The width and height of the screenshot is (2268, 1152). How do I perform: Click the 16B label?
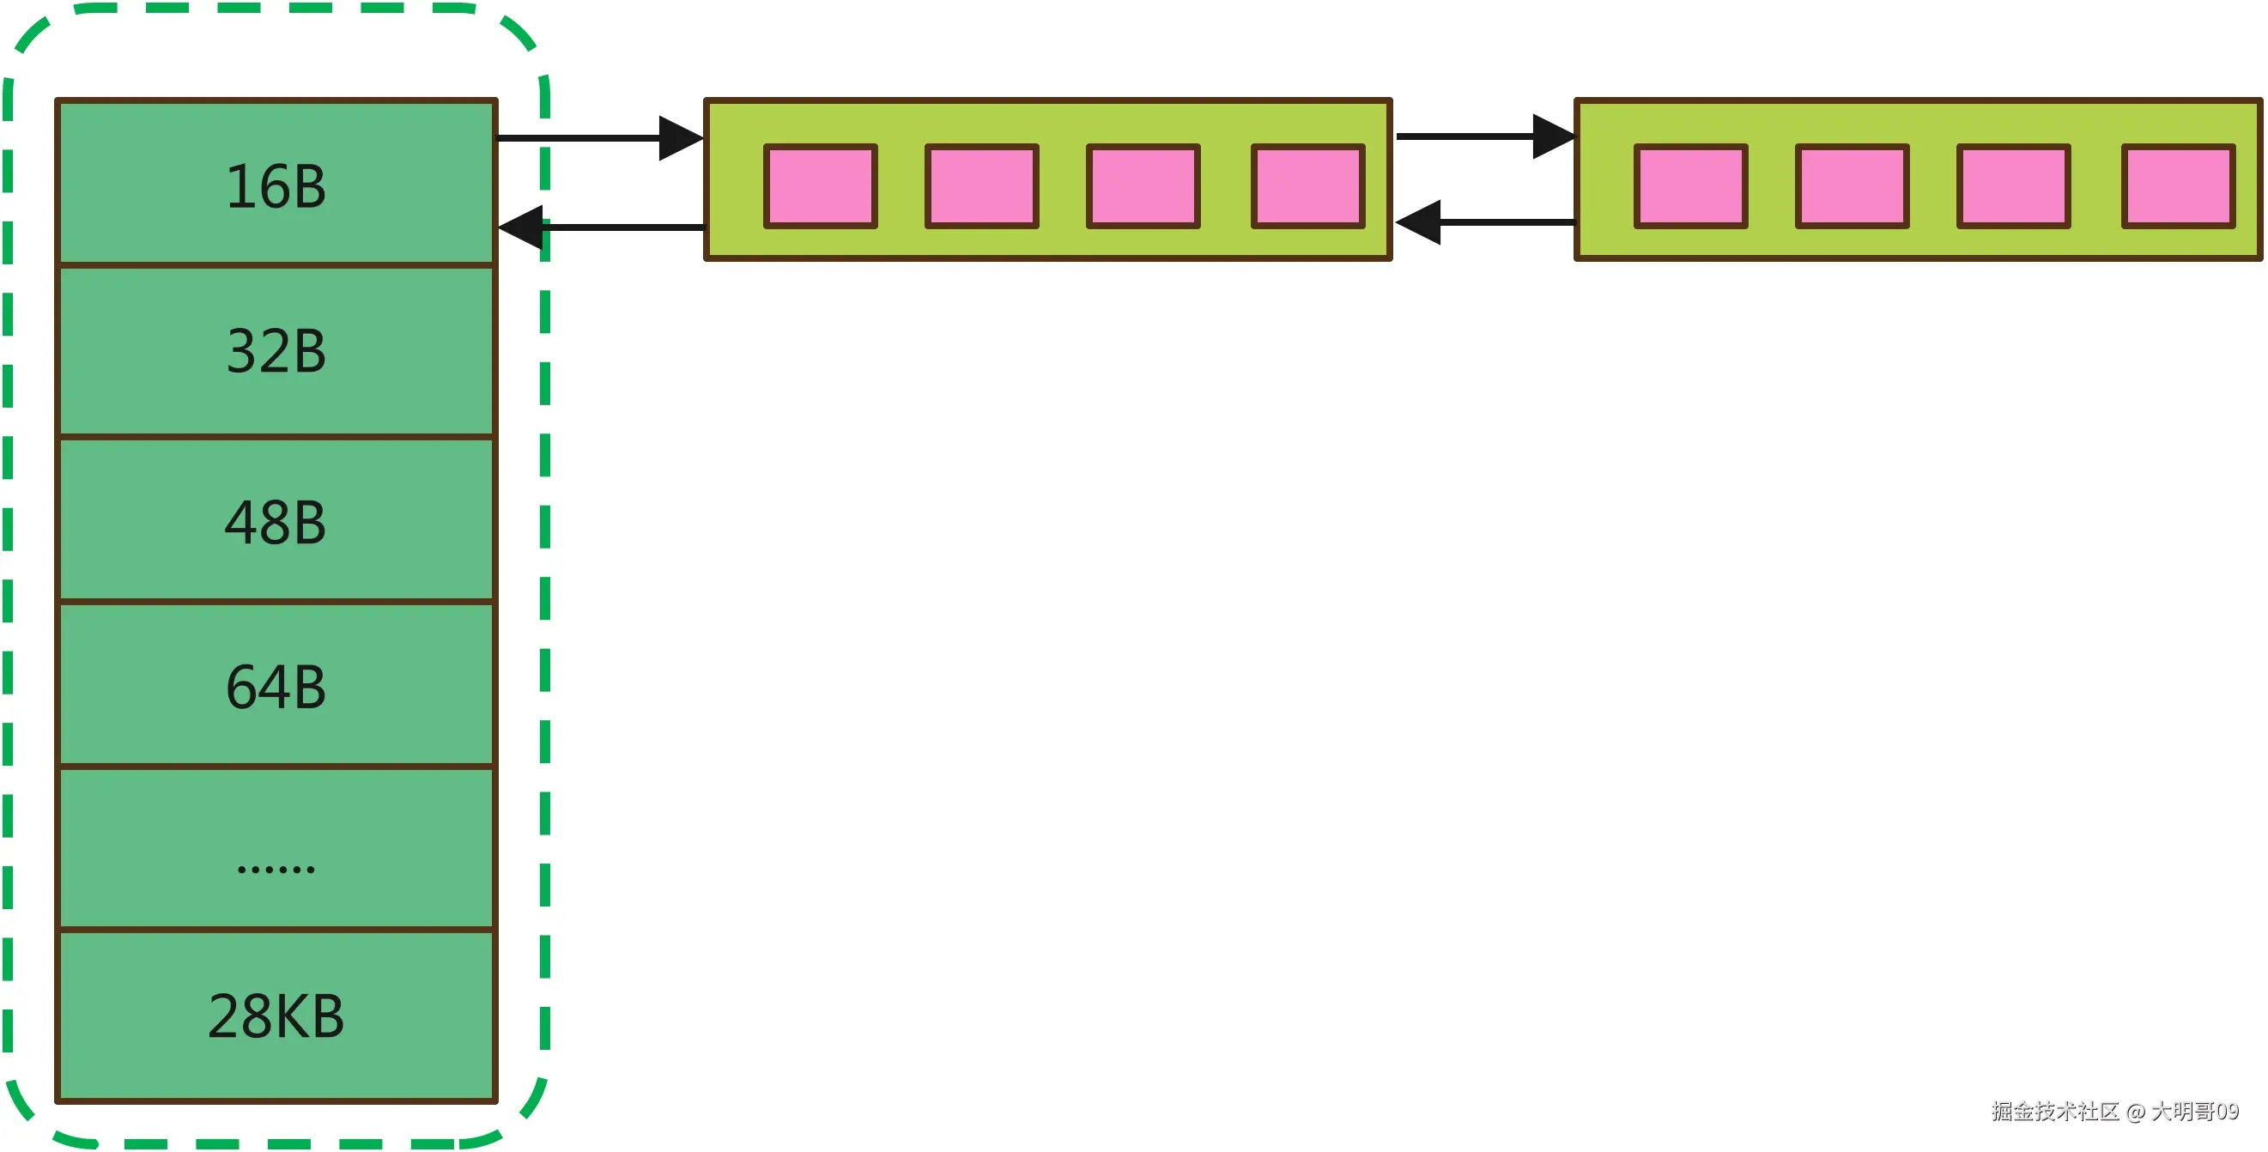(x=276, y=187)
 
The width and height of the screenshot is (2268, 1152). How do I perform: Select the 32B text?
(x=276, y=351)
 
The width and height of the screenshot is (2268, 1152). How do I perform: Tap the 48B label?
(x=276, y=522)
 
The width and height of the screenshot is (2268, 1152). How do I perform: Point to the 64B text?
(x=276, y=687)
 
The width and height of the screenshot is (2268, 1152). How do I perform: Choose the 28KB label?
(x=276, y=1016)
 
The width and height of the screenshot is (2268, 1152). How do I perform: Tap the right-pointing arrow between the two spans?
(x=1484, y=136)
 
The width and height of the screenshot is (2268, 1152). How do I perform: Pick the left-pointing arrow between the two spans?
(x=1484, y=222)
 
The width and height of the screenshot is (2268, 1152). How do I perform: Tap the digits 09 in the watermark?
(x=2227, y=1112)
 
